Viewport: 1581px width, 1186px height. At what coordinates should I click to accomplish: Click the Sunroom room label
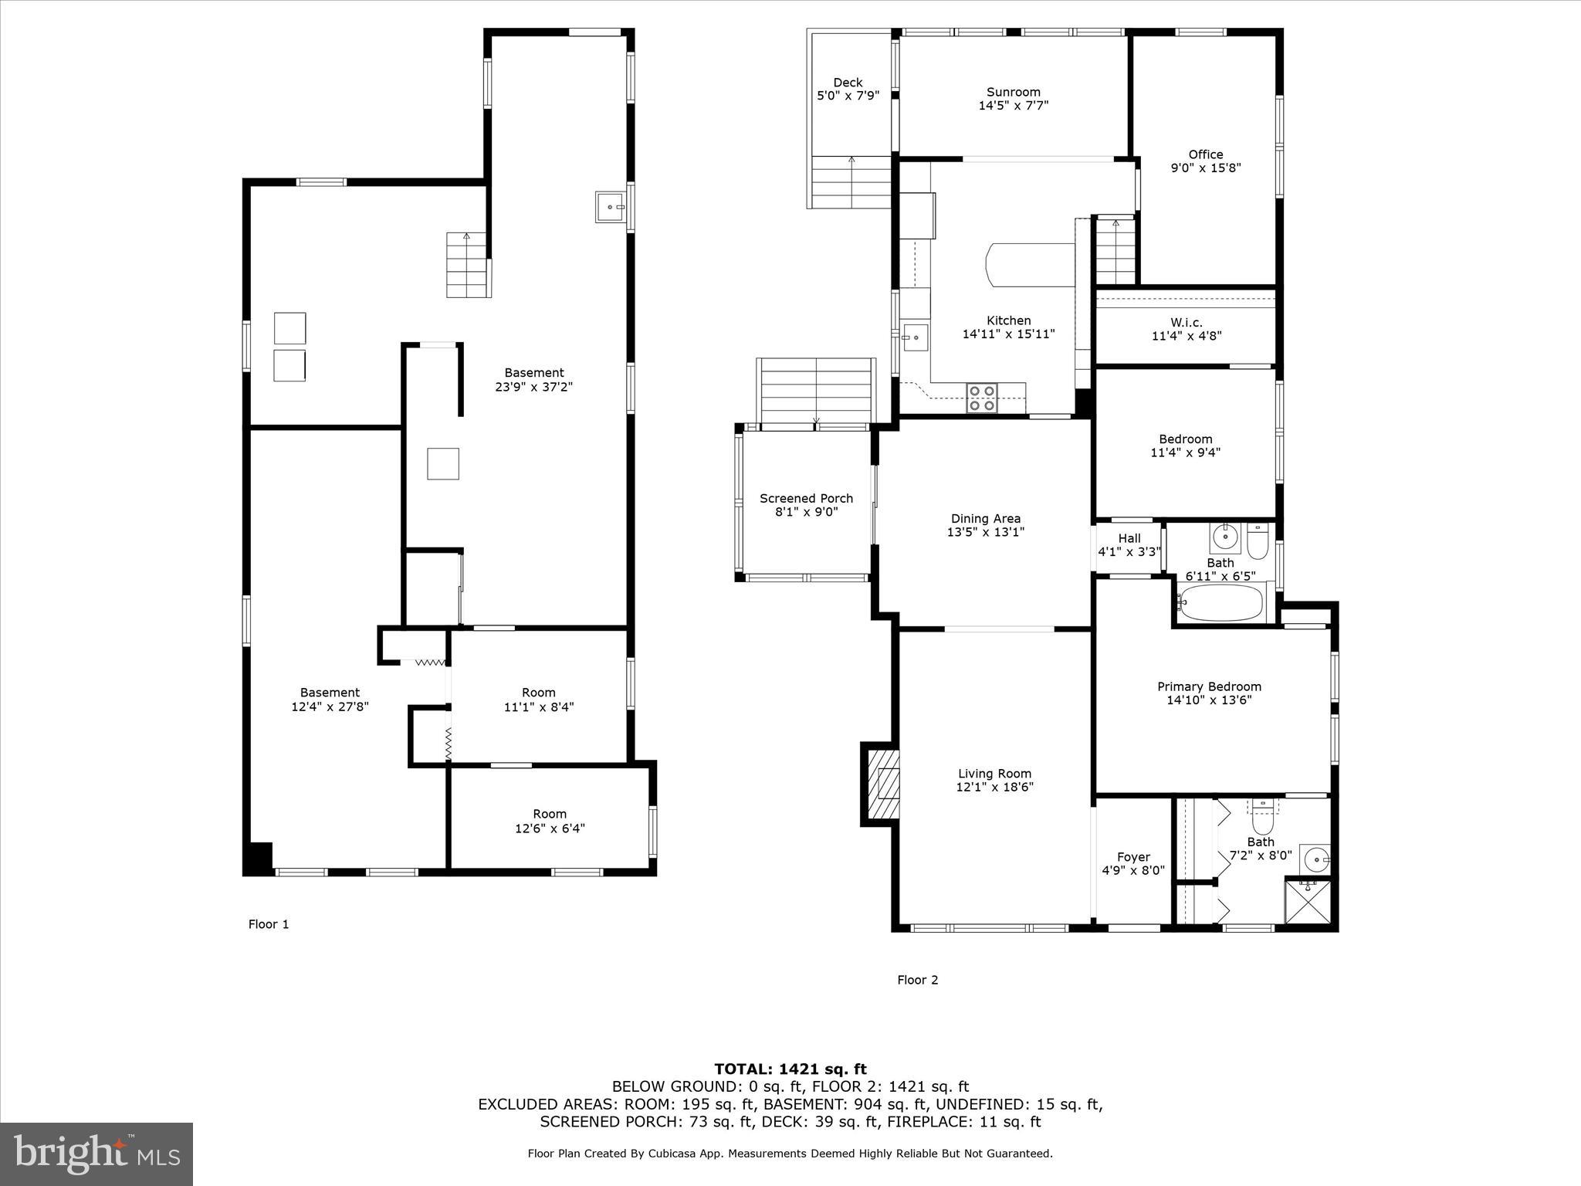coord(1013,92)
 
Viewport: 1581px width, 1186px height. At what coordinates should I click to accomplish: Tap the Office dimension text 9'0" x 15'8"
coord(1205,168)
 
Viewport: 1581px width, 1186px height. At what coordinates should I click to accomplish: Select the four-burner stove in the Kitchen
coord(981,398)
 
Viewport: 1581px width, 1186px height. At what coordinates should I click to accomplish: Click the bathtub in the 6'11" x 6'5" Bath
coord(1221,602)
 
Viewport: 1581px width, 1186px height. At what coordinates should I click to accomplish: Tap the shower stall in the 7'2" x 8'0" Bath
coord(1308,900)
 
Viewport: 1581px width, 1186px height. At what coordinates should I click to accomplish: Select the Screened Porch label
coord(806,498)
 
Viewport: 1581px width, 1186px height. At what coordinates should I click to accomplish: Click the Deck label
coord(848,83)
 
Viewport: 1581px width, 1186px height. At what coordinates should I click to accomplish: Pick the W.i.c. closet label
coord(1186,322)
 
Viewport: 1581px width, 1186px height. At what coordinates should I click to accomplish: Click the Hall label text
coord(1129,538)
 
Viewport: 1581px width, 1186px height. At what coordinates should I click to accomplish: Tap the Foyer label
coord(1132,857)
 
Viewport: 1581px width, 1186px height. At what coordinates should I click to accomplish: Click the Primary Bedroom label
coord(1209,686)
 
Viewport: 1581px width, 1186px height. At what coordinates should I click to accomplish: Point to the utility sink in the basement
coord(610,207)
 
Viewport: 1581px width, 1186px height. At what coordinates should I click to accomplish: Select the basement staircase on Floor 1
coord(468,265)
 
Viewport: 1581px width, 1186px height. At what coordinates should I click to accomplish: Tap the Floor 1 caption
coord(268,924)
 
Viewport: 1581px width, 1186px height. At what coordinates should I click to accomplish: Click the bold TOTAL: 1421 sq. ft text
coord(790,1069)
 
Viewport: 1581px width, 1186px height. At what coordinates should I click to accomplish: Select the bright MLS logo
coord(96,1154)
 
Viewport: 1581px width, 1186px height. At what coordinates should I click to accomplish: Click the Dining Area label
coord(985,519)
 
